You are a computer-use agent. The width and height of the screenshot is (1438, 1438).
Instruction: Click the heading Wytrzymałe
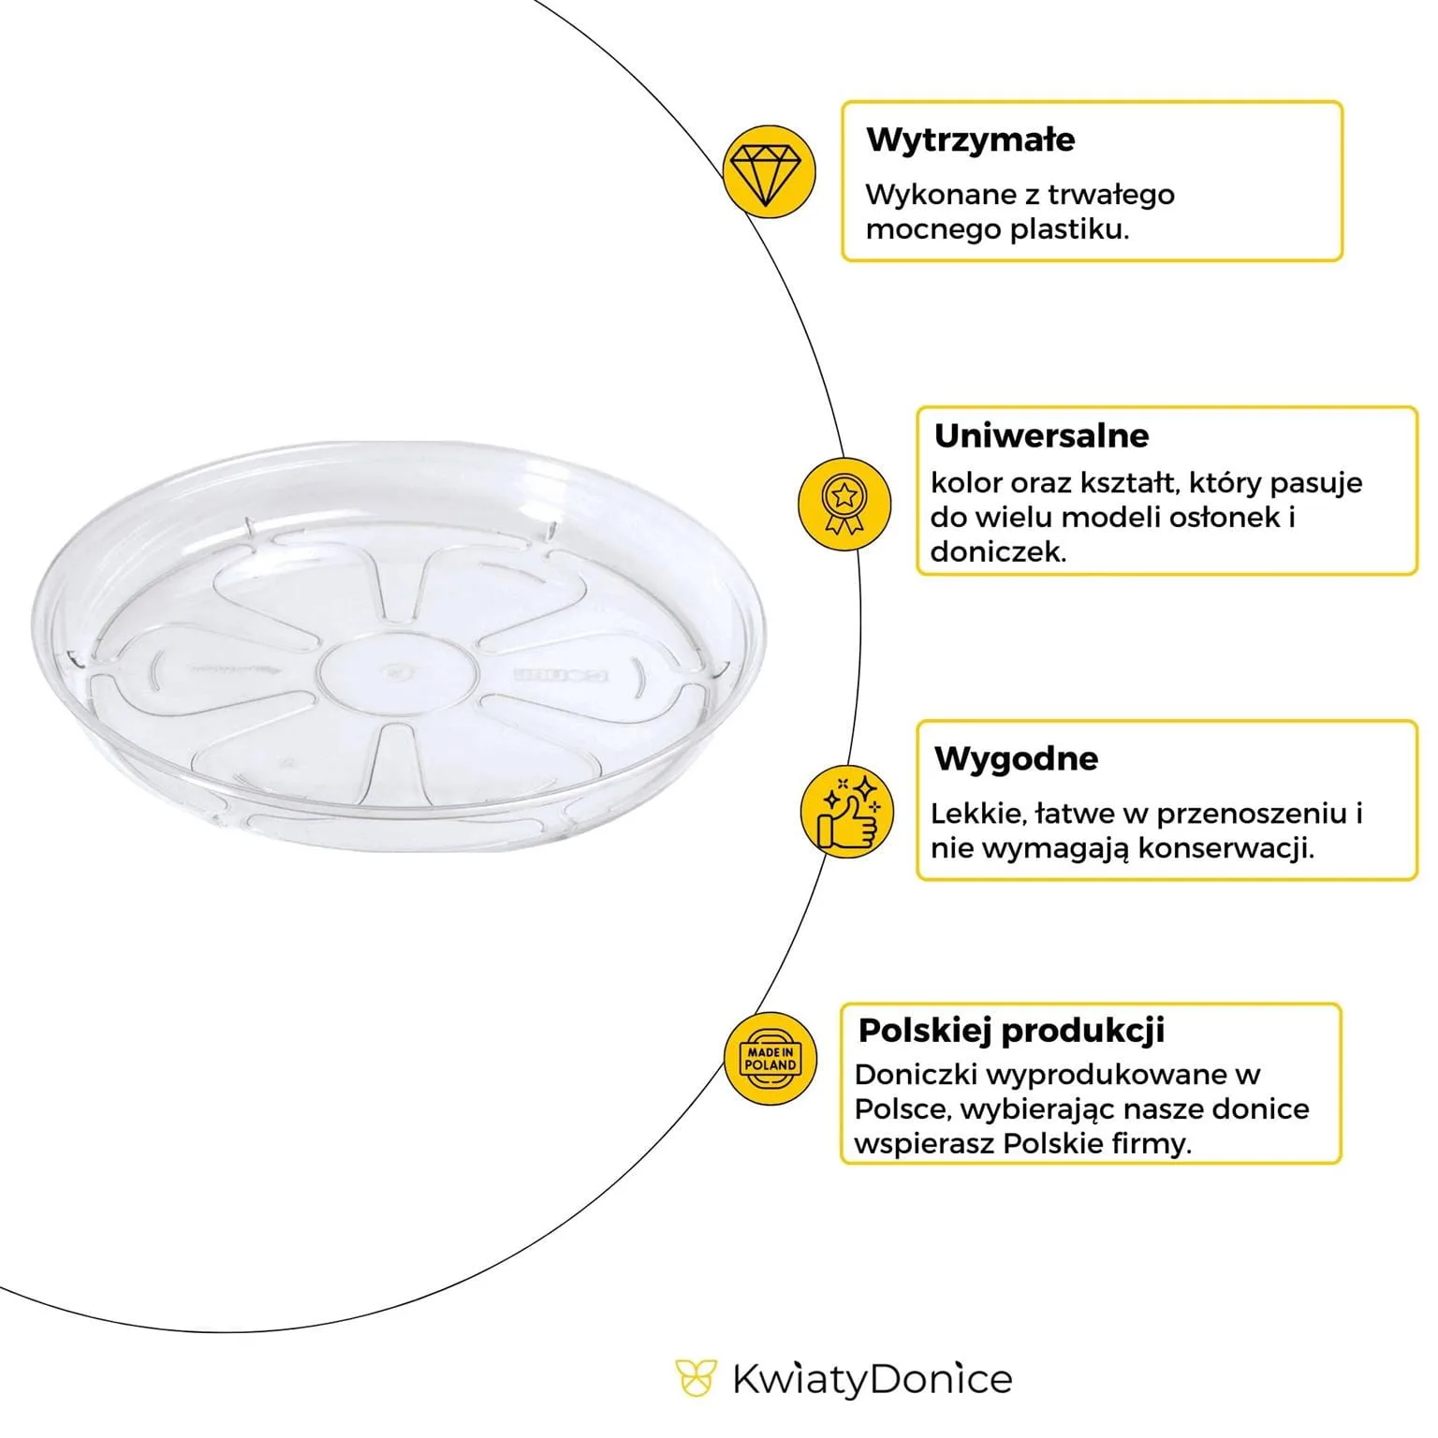tap(970, 139)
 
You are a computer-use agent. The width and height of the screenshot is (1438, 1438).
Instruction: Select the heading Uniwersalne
tap(1042, 435)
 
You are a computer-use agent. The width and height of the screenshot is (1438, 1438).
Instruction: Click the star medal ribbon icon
tap(844, 504)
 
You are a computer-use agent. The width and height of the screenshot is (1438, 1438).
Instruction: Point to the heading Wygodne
tap(1016, 757)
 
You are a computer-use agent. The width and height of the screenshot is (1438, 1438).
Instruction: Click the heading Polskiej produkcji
tap(1011, 1030)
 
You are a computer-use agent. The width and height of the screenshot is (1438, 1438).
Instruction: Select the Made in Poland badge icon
tap(770, 1060)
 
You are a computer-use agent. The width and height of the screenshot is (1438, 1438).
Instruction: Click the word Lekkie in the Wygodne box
tap(974, 814)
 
